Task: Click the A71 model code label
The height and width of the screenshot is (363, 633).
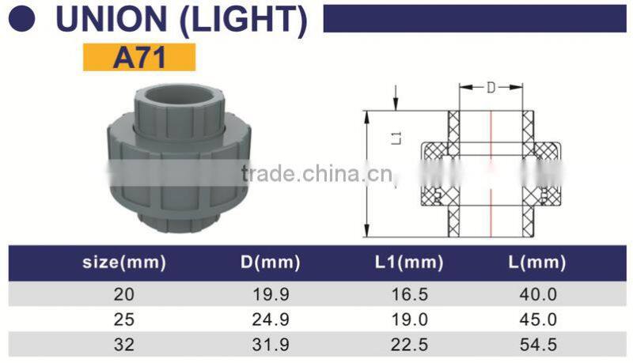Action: pyautogui.click(x=138, y=58)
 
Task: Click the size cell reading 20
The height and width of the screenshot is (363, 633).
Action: pyautogui.click(x=124, y=294)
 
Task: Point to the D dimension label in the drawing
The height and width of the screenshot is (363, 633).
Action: pyautogui.click(x=491, y=89)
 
